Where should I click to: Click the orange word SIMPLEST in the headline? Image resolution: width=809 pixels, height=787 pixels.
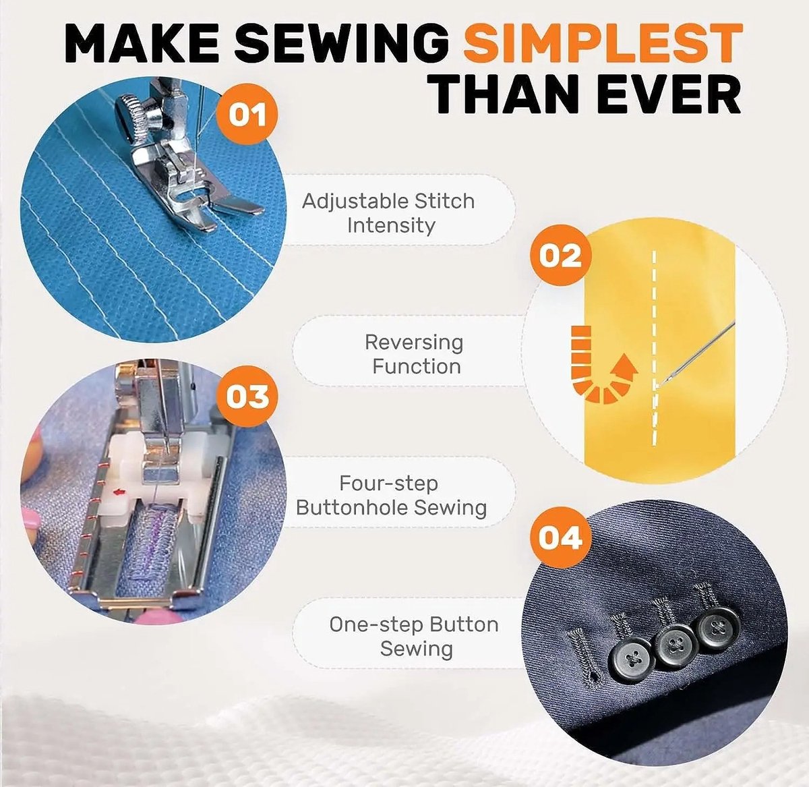point(603,43)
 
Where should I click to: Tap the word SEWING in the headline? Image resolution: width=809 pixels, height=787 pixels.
point(342,43)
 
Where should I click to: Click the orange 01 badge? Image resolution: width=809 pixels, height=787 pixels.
point(247,114)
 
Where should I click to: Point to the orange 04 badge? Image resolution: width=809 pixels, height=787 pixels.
point(560,537)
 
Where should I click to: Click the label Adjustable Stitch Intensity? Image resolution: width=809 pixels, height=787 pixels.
point(388,213)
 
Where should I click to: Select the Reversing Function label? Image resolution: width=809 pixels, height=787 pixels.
point(415,355)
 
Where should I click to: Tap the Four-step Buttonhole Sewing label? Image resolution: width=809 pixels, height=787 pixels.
point(391,496)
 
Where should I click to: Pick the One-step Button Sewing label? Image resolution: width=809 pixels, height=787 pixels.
point(414,637)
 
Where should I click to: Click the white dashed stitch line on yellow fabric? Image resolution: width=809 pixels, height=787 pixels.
point(655,349)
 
